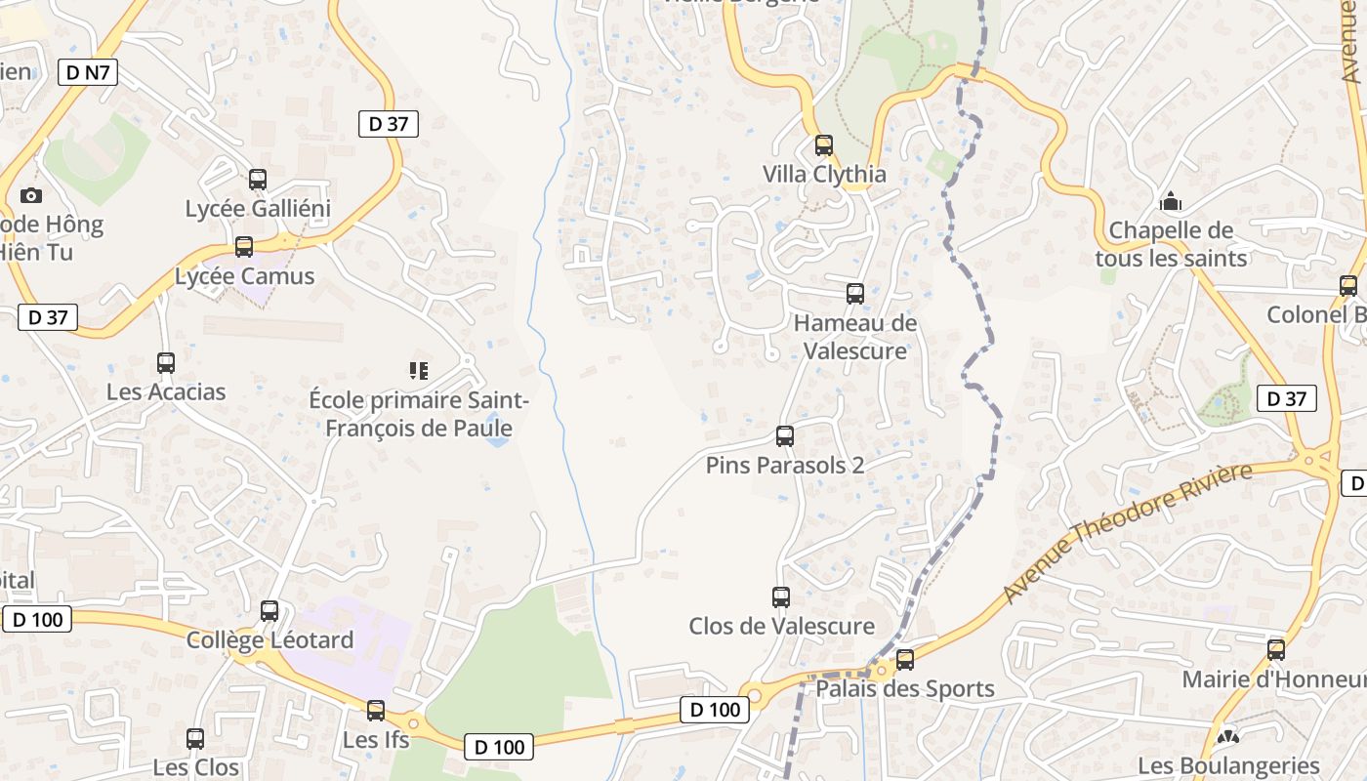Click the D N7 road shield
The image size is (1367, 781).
88,72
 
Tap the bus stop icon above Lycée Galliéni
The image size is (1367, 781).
258,180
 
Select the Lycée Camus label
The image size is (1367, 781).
244,276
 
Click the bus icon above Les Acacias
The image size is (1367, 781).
166,363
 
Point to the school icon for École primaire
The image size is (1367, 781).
419,370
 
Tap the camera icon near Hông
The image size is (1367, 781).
30,195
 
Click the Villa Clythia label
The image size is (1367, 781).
824,175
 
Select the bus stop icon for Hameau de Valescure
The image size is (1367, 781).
855,293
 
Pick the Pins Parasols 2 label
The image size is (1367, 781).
784,466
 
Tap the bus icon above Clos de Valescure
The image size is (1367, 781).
781,596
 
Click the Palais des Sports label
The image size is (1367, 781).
904,689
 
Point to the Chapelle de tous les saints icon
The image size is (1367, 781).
1170,202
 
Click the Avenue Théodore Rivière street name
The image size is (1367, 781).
1127,532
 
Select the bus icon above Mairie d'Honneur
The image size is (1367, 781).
1276,650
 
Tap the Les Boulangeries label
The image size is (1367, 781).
1228,766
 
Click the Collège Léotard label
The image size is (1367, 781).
269,640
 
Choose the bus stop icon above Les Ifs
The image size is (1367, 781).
376,711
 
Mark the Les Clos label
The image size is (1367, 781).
195,767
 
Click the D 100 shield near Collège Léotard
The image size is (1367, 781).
39,619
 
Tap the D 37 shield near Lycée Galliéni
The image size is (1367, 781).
389,124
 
